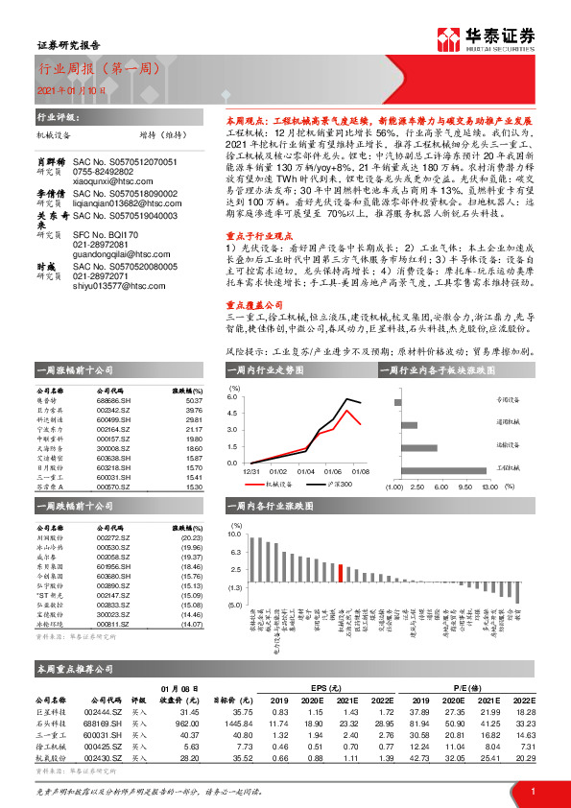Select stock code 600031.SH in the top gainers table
coord(113,477)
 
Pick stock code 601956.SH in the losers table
coord(113,566)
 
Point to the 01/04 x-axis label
coord(305,471)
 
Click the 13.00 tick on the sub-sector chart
coord(488,487)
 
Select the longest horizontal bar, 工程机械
coord(455,466)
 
